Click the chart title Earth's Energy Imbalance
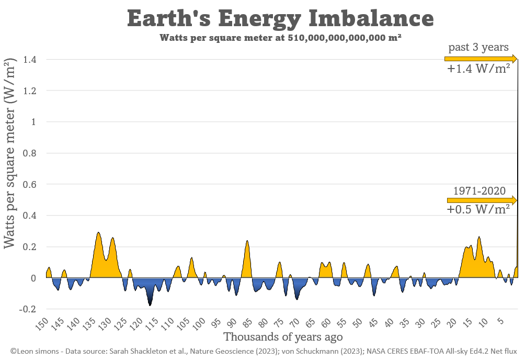[280, 19]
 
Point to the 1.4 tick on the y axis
[29, 60]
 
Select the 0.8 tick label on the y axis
[29, 153]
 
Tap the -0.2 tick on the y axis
[28, 309]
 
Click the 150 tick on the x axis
[41, 324]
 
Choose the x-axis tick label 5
[499, 320]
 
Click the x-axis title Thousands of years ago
[283, 336]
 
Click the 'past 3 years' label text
[478, 47]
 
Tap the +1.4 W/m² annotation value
[478, 69]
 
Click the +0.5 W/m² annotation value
[478, 209]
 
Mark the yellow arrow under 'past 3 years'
[481, 59]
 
